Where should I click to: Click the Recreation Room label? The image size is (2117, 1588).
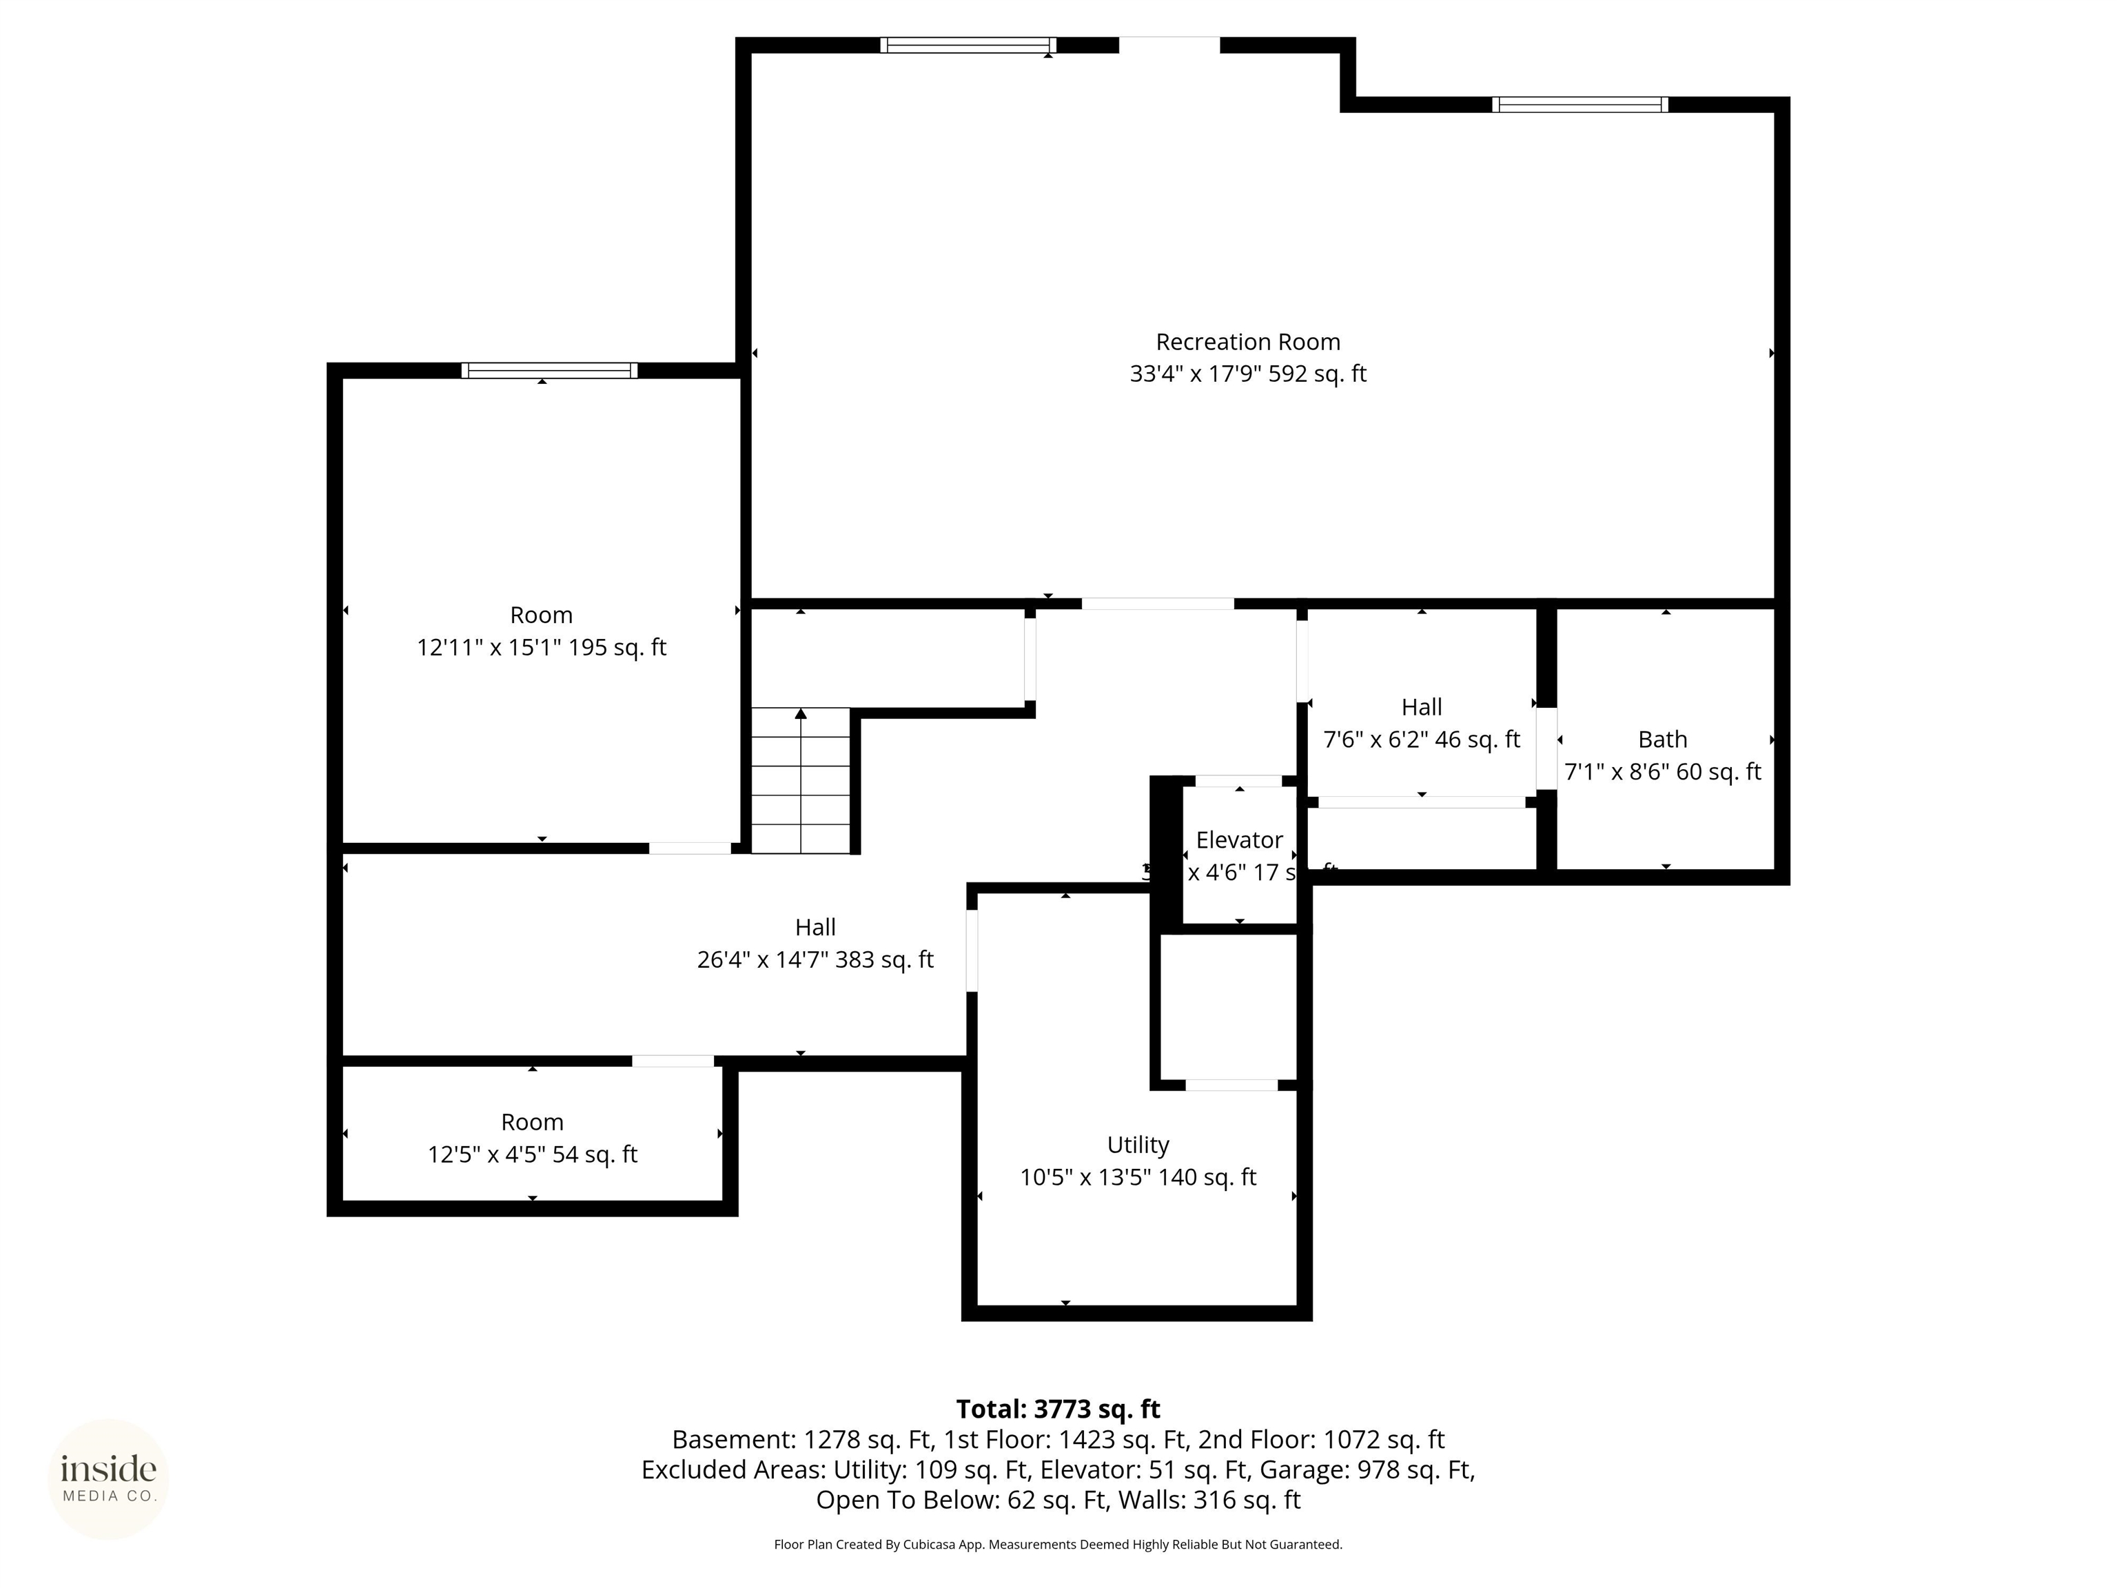[1247, 342]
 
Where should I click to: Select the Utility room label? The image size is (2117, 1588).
[1137, 1145]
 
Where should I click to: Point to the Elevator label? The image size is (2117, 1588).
[1238, 839]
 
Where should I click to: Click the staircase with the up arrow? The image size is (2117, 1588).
[800, 780]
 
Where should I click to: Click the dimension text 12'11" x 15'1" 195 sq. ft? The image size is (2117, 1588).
[541, 648]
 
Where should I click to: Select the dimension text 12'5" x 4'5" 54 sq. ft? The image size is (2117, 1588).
[532, 1154]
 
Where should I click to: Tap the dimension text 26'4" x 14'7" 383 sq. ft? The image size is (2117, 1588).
[815, 959]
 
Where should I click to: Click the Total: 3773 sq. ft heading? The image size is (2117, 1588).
[1058, 1409]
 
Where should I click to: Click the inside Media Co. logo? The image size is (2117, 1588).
[108, 1479]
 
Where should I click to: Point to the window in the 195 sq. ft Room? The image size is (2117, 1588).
[549, 370]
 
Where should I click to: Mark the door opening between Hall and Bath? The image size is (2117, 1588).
[1546, 748]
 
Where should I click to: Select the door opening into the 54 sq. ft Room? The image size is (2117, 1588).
[672, 1061]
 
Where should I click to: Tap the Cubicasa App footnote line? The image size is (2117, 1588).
[1058, 1544]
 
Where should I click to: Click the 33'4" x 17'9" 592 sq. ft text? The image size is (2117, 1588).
[1247, 374]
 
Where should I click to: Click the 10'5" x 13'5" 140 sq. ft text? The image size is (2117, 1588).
[1137, 1177]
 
